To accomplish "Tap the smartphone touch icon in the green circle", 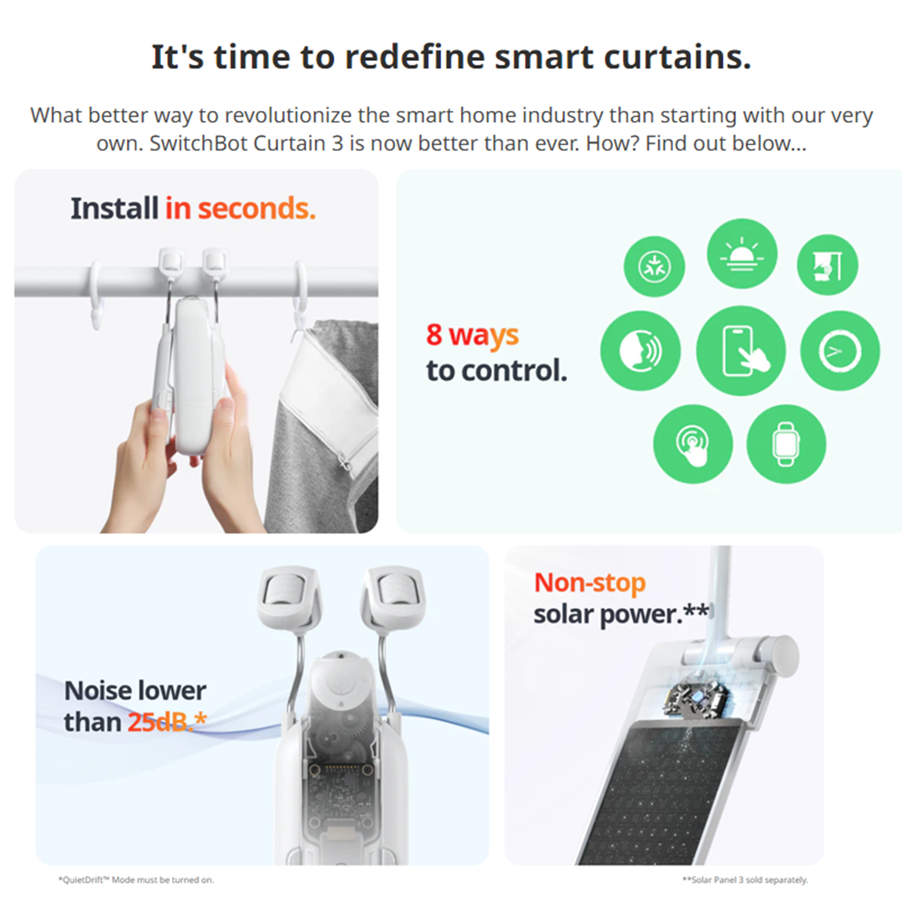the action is click(741, 351).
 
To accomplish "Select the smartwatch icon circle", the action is click(786, 444).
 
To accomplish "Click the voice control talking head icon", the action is click(641, 351).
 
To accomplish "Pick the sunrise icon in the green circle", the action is click(742, 253).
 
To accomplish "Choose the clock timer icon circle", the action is click(840, 351).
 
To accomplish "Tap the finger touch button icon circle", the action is click(693, 444).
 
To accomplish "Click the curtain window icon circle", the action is click(827, 265).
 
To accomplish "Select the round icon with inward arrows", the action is click(655, 266).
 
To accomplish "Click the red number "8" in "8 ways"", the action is click(434, 335).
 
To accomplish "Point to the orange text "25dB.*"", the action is click(167, 722).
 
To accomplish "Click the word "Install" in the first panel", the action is click(114, 209).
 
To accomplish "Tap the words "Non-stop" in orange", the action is click(590, 582).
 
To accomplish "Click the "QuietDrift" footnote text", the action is click(136, 879).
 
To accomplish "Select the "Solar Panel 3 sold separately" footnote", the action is click(745, 879).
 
